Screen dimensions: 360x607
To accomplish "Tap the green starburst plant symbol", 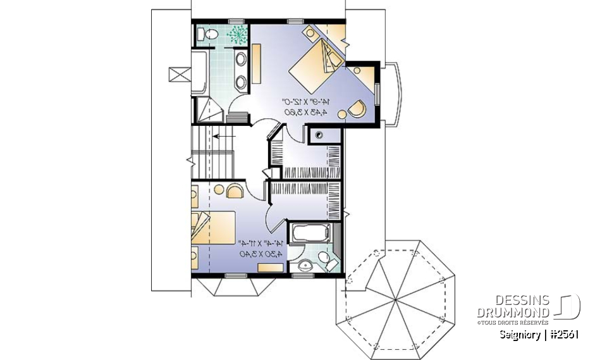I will [x=238, y=34].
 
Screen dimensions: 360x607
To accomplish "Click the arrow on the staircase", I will [x=224, y=135].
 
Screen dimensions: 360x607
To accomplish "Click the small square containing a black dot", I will [x=319, y=134].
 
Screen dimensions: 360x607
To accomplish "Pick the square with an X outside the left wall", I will [x=179, y=75].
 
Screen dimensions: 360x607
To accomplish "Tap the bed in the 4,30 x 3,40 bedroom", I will [x=213, y=228].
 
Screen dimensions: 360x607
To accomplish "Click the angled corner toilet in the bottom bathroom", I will [x=326, y=259].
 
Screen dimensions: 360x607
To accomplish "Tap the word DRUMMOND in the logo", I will [x=513, y=313].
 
